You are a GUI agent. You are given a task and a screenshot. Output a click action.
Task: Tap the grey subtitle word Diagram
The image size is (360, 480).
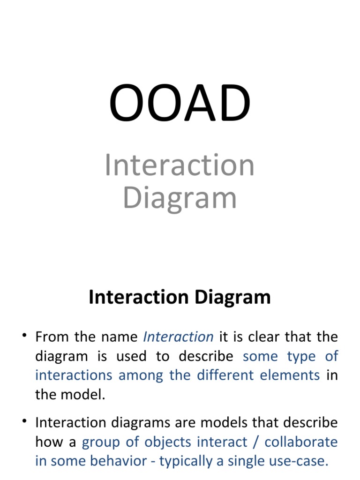pos(180,198)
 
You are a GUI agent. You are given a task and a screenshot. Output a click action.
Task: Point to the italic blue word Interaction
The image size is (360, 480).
pos(178,337)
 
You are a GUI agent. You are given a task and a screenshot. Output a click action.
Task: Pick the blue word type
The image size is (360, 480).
pos(301,356)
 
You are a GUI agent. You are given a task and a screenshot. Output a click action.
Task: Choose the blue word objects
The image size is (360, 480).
pos(167,442)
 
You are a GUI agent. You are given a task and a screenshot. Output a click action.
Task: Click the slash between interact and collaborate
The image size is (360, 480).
pos(255,442)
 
